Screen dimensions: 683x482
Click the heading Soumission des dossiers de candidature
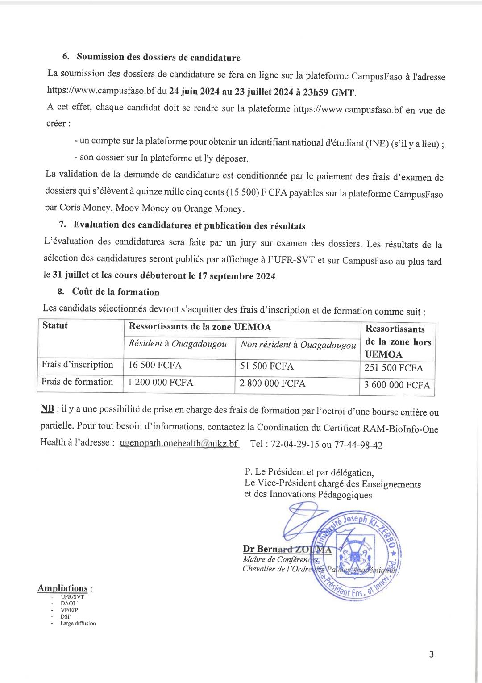coord(158,57)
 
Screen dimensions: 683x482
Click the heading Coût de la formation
coord(116,292)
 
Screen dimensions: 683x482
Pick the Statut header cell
coord(55,325)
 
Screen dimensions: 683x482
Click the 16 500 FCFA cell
coord(155,366)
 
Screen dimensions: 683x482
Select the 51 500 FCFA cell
coord(267,366)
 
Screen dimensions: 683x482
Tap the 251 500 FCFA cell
coord(394,368)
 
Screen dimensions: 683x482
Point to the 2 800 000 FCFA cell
coord(273,383)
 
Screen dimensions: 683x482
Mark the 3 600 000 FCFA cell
coord(397,385)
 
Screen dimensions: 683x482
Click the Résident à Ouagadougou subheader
coord(178,344)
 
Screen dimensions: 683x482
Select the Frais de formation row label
coord(77,382)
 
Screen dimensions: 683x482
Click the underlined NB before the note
coord(47,409)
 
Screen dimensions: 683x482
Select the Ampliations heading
coord(62,588)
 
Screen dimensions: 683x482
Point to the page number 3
coord(431,654)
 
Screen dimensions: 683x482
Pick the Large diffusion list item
coord(78,623)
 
